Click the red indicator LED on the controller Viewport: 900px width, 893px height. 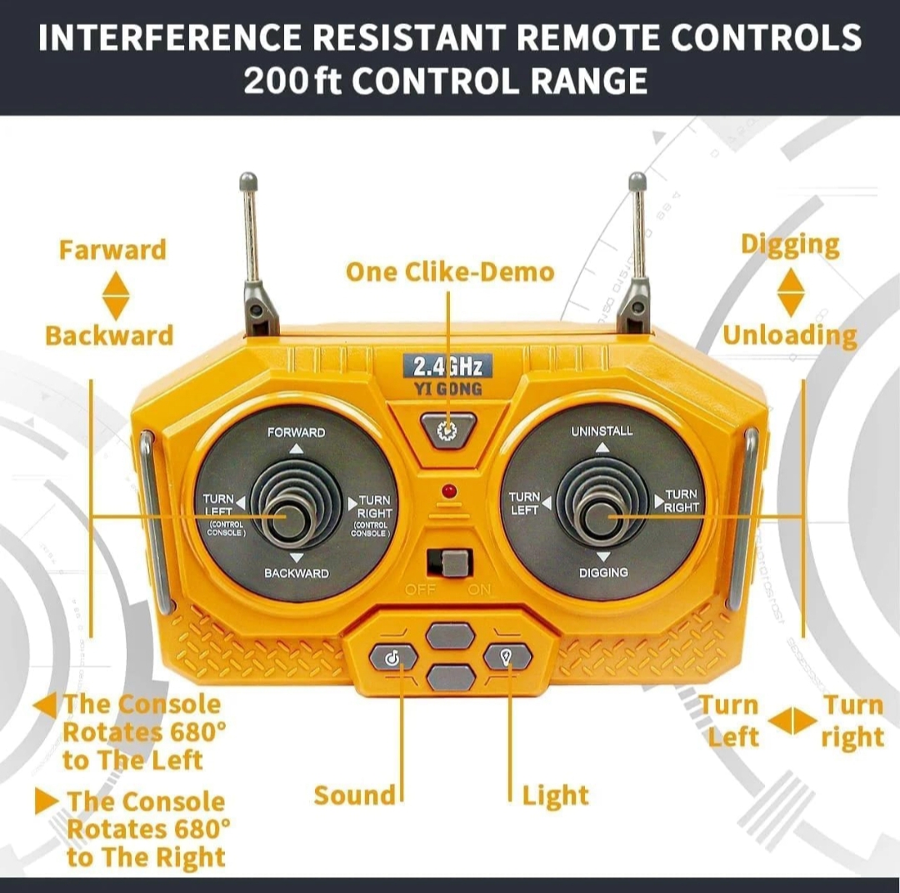point(449,491)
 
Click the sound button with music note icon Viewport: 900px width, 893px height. point(393,658)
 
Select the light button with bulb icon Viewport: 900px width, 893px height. point(507,656)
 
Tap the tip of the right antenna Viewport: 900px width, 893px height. point(637,181)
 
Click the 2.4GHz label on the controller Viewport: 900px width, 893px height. point(447,367)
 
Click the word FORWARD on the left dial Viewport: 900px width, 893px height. point(296,432)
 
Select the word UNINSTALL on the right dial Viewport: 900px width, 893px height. point(602,431)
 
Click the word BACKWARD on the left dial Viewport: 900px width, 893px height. point(296,573)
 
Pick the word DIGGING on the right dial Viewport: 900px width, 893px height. point(603,572)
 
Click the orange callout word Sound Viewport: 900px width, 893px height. point(355,796)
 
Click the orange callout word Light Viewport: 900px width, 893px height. point(555,796)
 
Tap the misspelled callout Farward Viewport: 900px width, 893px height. point(112,250)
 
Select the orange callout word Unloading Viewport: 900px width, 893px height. point(790,336)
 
